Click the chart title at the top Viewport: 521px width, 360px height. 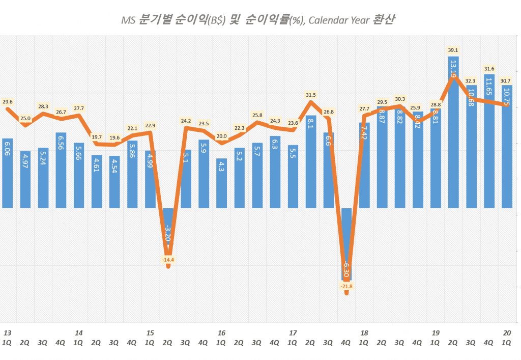click(258, 20)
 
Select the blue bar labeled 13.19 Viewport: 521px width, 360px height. click(453, 132)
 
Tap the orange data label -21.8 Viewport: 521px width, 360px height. click(346, 286)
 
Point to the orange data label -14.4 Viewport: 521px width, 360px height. click(168, 260)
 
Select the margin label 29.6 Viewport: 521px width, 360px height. click(7, 102)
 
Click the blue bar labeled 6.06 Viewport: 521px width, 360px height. click(7, 173)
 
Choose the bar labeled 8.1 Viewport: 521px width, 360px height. click(310, 161)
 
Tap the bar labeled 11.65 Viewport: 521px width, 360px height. click(489, 141)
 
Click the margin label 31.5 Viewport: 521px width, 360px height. click(310, 95)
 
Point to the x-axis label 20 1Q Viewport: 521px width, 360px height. click(507, 337)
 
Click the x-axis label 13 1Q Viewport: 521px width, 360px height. click(7, 337)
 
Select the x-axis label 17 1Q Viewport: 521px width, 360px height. click(293, 337)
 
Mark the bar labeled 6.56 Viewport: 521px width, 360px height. click(61, 170)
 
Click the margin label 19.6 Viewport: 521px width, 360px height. click(114, 137)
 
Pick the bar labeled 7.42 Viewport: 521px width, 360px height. click(364, 165)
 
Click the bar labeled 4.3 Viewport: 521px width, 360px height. click(221, 183)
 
